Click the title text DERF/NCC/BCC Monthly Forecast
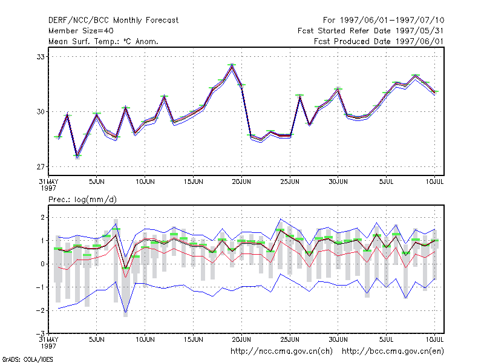(x=113, y=21)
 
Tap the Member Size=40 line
(x=81, y=31)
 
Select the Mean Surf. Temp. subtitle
(x=103, y=41)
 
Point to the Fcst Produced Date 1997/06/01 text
(x=379, y=41)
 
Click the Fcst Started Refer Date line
(x=371, y=31)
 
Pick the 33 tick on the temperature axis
(x=41, y=57)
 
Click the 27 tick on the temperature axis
(x=41, y=167)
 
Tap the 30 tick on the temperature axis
(x=41, y=112)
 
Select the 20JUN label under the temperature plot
(x=241, y=182)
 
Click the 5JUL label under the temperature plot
(x=386, y=182)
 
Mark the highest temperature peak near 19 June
(x=232, y=66)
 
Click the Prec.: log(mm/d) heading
(x=82, y=200)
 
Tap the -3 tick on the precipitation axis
(x=40, y=334)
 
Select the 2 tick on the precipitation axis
(x=42, y=217)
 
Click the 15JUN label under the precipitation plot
(x=193, y=339)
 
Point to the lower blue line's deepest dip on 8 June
(x=125, y=312)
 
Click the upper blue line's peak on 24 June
(x=280, y=219)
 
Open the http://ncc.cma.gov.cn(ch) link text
(x=281, y=352)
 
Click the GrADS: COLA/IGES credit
(x=27, y=359)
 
